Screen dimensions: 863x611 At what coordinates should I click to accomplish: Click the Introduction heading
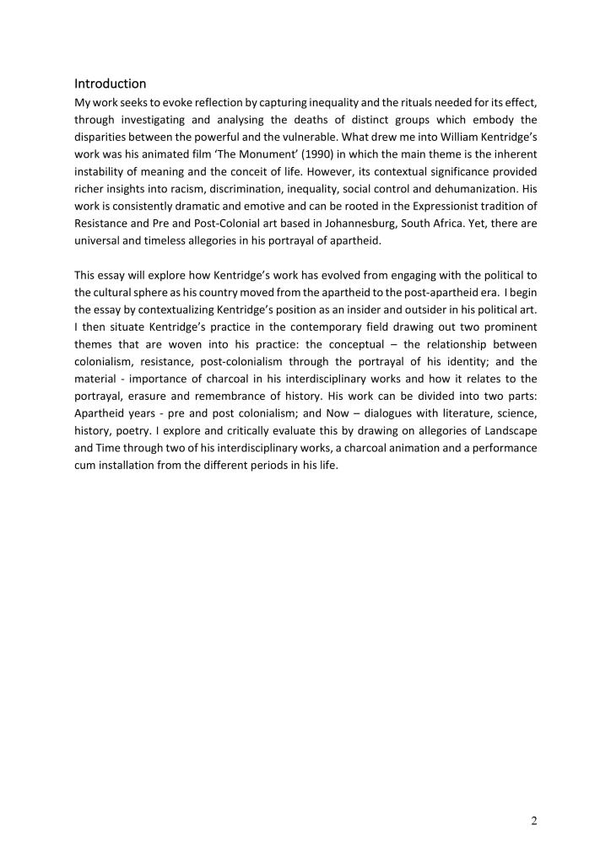[111, 84]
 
